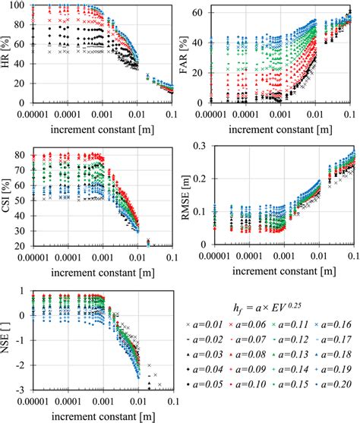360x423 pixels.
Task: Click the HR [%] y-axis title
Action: [8, 54]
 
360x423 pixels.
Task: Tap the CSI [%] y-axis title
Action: [8, 195]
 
